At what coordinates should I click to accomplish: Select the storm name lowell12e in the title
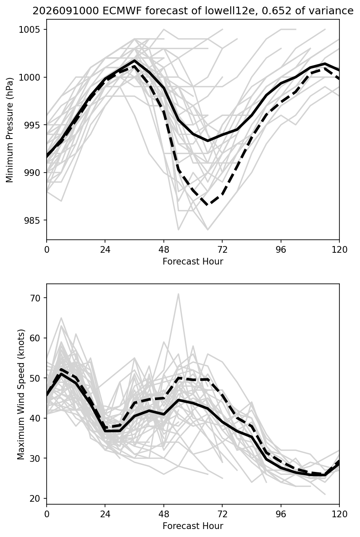pos(230,11)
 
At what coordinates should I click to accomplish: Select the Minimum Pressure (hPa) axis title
pos(10,130)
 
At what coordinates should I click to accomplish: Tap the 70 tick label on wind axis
pos(35,298)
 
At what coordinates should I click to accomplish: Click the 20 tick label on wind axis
pos(35,499)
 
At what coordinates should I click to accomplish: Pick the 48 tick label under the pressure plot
pos(164,250)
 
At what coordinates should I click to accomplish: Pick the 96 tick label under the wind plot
pos(281,514)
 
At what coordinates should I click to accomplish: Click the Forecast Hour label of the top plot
pos(193,261)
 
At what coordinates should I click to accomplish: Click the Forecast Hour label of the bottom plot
pos(193,526)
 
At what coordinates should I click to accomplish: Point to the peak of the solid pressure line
pos(134,60)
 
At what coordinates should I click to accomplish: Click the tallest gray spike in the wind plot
pos(178,293)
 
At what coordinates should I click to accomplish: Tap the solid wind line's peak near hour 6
pos(61,374)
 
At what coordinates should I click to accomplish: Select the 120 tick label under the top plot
pos(339,250)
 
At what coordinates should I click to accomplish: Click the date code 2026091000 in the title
pos(66,11)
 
